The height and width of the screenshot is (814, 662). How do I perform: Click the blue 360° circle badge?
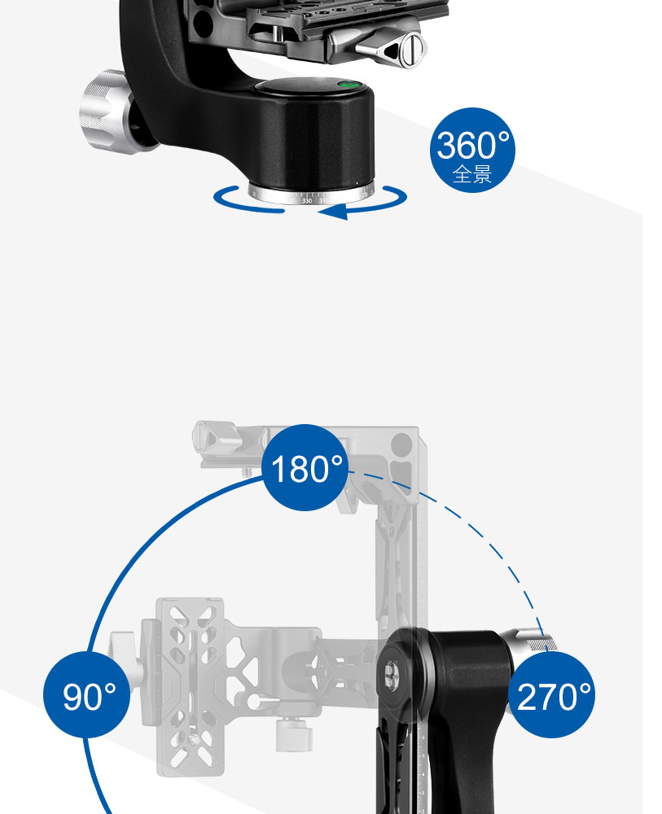[x=472, y=150]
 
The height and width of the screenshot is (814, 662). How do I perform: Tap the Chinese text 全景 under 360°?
[x=472, y=174]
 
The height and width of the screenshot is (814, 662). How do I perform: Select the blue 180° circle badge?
[x=305, y=467]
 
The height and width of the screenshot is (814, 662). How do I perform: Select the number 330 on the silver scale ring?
[x=307, y=200]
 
